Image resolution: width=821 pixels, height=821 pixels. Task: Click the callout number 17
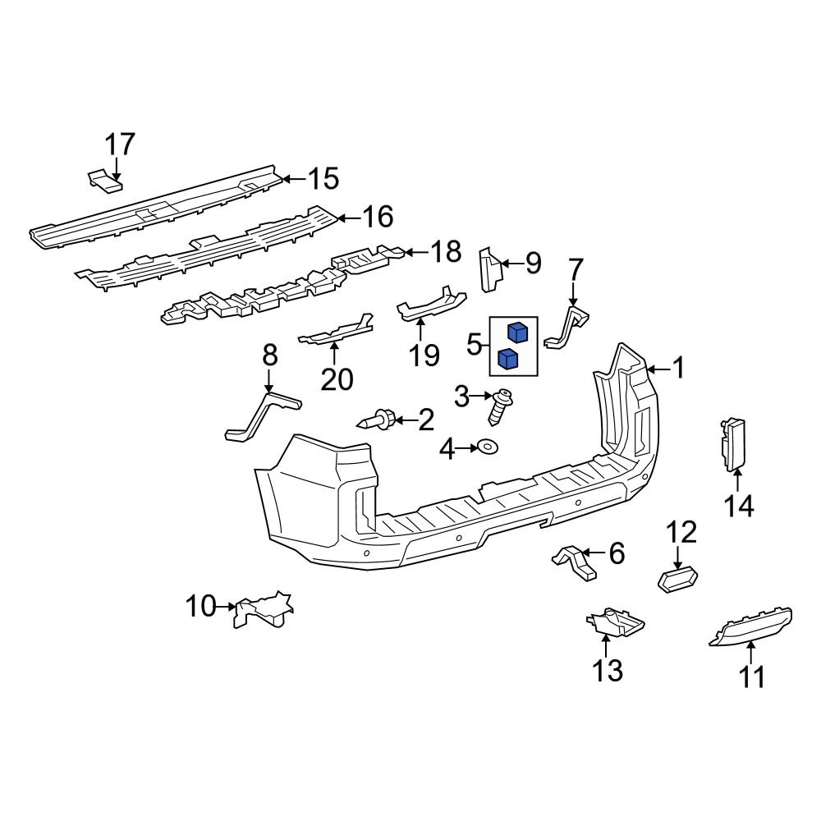pos(119,144)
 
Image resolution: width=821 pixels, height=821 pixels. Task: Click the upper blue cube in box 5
pos(517,333)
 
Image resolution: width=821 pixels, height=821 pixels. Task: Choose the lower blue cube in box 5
pos(508,358)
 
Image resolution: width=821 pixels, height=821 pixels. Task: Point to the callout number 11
pos(752,677)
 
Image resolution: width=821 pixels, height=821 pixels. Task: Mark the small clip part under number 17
pos(103,181)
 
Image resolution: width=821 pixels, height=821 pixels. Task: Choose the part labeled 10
pos(263,608)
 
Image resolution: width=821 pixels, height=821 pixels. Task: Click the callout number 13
pos(608,671)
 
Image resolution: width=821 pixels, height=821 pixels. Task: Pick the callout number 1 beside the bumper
pos(678,369)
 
